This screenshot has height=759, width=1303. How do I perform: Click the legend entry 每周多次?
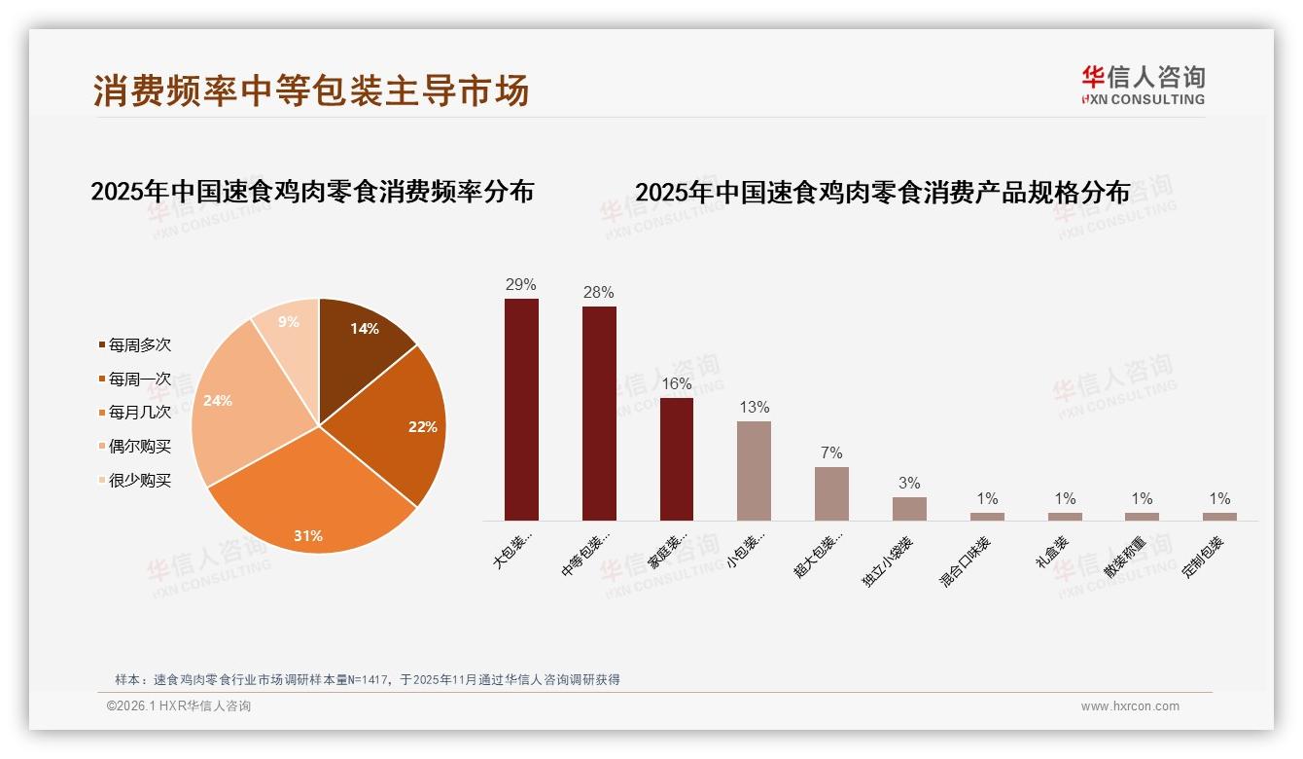pyautogui.click(x=139, y=345)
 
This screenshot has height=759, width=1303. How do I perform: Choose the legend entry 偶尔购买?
pyautogui.click(x=139, y=447)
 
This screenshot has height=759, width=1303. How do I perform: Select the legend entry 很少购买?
pyautogui.click(x=139, y=481)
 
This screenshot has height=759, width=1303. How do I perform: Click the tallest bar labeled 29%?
pyautogui.click(x=521, y=409)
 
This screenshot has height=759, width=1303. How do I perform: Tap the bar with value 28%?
pyautogui.click(x=599, y=414)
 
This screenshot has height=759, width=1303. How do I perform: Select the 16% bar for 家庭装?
pyautogui.click(x=677, y=458)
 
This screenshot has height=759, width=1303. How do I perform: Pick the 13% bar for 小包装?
pyautogui.click(x=754, y=470)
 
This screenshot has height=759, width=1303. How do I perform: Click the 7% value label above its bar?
pyautogui.click(x=831, y=453)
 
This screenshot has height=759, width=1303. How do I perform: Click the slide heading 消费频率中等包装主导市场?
pyautogui.click(x=311, y=90)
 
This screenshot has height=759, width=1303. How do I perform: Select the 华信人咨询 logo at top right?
pyautogui.click(x=1144, y=85)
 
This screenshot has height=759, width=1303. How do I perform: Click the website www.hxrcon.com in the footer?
pyautogui.click(x=1130, y=706)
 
